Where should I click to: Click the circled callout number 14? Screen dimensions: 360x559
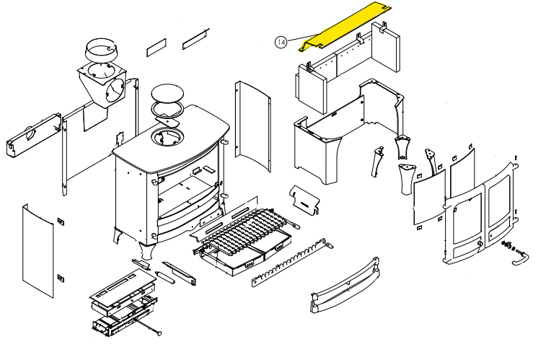pos(281,43)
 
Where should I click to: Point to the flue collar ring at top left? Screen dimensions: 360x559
pos(101,52)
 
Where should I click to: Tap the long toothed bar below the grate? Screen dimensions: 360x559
pos(291,264)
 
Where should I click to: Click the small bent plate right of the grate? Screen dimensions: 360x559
pos(307,199)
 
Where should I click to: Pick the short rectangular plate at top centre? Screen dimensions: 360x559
pos(157,49)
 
